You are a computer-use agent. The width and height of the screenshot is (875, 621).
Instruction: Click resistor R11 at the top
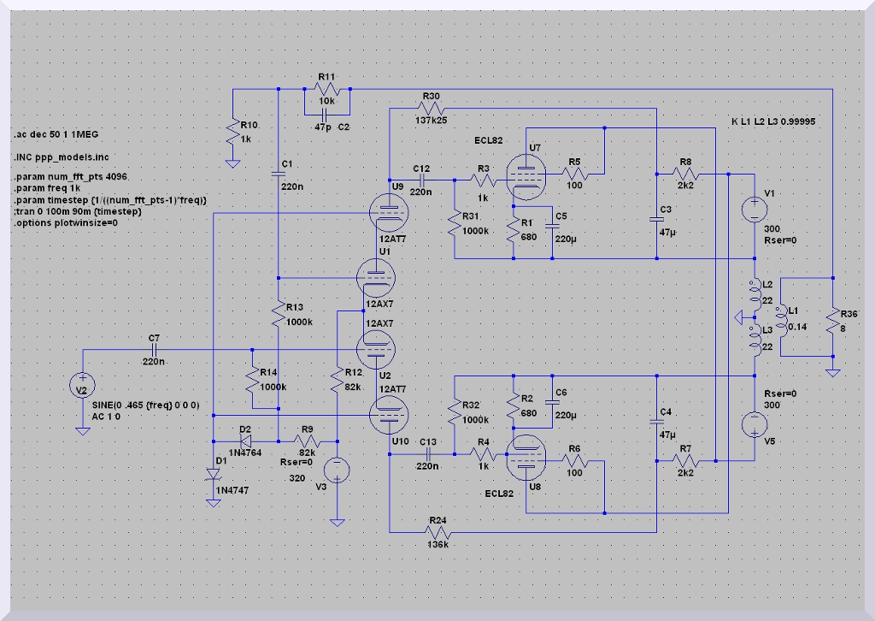327,90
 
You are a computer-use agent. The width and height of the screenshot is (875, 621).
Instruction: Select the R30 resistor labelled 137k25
432,109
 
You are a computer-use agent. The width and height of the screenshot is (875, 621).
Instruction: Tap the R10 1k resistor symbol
232,133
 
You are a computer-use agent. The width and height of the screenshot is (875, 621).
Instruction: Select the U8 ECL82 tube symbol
521,462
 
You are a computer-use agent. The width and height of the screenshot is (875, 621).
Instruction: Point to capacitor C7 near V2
155,350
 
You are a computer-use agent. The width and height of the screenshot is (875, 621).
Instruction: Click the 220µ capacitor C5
549,227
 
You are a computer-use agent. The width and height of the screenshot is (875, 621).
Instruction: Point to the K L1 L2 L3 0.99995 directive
773,122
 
